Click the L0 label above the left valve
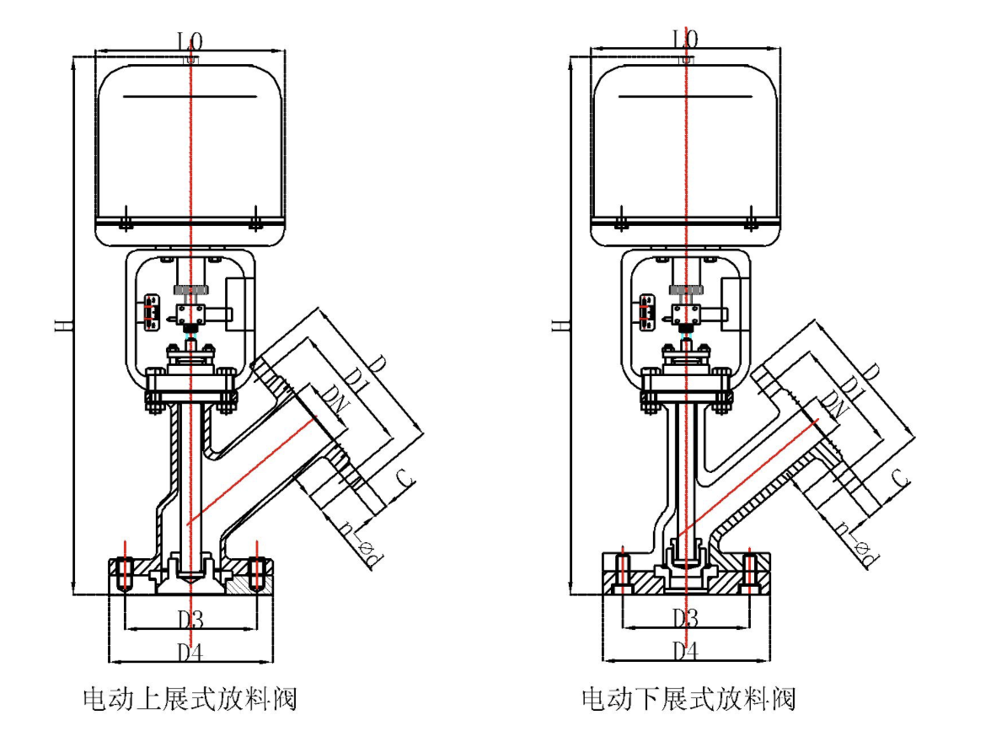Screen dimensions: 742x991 [x=190, y=40]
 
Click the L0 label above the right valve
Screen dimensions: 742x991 [x=686, y=40]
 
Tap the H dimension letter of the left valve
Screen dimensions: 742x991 [x=62, y=325]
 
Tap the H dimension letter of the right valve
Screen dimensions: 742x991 [x=557, y=325]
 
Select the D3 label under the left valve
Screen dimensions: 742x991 [x=190, y=620]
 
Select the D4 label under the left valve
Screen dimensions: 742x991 [x=190, y=651]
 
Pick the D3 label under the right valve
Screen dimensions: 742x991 [x=686, y=620]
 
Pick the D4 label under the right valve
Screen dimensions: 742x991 [x=686, y=651]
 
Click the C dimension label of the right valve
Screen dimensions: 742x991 [x=901, y=478]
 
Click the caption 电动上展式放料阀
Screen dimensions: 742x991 [x=190, y=698]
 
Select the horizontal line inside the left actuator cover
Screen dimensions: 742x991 [x=190, y=97]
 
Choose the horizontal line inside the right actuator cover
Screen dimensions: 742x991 [x=686, y=97]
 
